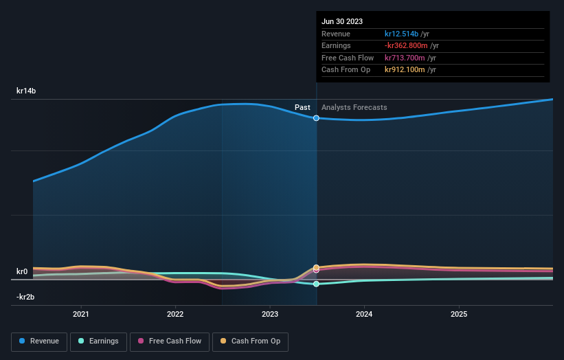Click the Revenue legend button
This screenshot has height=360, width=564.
click(x=40, y=341)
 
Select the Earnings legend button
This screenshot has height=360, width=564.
click(x=99, y=341)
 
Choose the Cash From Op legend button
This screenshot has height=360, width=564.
click(x=251, y=341)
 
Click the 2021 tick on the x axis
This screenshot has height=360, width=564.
click(x=81, y=314)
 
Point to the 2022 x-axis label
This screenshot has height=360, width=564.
click(x=175, y=314)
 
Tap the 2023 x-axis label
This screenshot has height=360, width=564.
click(x=270, y=314)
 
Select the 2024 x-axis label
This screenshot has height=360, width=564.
click(x=364, y=314)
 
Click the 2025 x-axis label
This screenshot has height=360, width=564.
click(x=459, y=314)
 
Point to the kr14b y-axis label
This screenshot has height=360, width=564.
click(x=27, y=91)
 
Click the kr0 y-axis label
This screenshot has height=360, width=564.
click(x=22, y=271)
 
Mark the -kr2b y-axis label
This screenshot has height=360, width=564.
click(x=26, y=297)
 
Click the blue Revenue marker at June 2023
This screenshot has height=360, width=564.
click(x=317, y=118)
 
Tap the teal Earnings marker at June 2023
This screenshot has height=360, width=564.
click(x=317, y=284)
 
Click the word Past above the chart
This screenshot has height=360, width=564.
click(x=302, y=107)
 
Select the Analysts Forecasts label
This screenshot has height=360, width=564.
click(x=354, y=107)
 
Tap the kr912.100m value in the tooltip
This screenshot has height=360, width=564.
click(x=405, y=69)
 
